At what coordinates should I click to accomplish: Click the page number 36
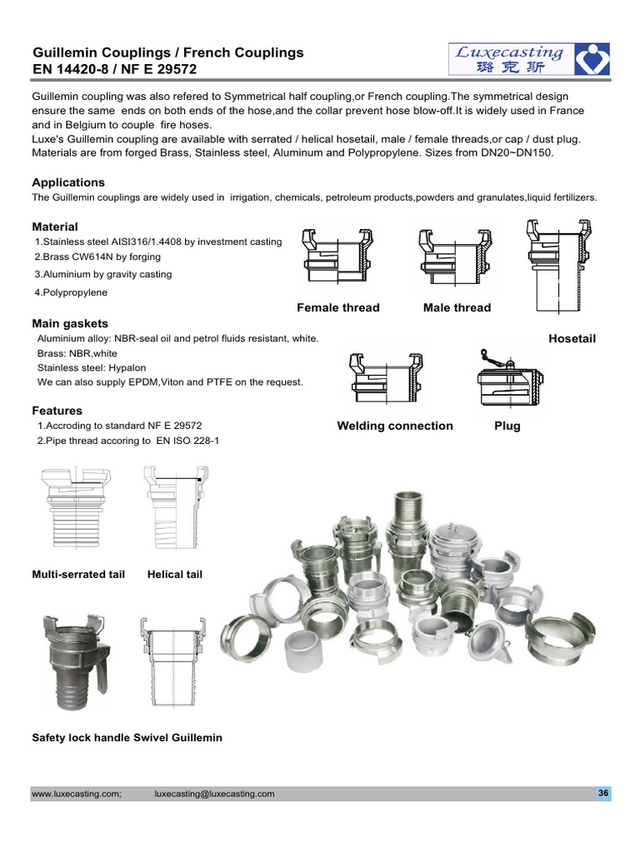click(x=603, y=793)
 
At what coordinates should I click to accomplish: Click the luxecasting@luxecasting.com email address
click(x=215, y=794)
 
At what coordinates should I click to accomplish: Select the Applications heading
click(x=68, y=182)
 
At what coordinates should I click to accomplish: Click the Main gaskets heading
click(x=70, y=323)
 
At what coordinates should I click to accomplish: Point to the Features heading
click(x=57, y=411)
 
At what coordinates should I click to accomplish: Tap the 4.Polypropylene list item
click(x=71, y=292)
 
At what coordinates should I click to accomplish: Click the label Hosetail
click(x=572, y=338)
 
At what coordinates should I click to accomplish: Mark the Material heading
click(x=55, y=227)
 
